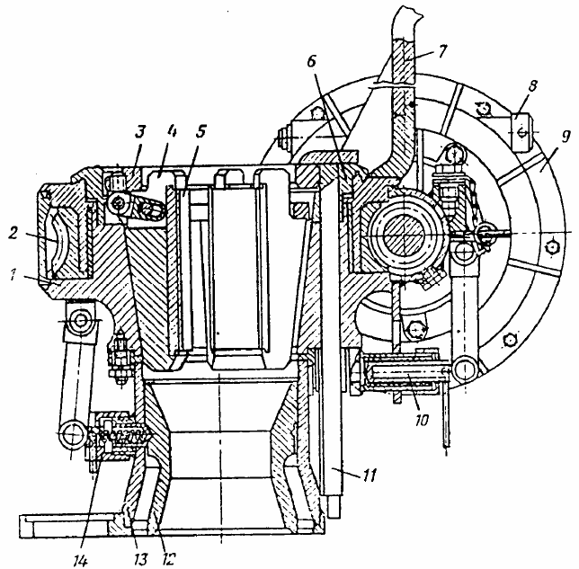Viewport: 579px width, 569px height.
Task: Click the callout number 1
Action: coord(13,275)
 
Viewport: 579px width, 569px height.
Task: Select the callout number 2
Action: coord(13,233)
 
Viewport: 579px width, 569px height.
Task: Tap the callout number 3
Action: coord(140,132)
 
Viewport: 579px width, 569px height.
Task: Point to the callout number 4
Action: coord(172,131)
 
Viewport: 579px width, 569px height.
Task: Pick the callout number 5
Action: coord(200,131)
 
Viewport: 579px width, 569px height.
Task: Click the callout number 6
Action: coord(312,62)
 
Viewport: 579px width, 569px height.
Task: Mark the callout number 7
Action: coord(442,51)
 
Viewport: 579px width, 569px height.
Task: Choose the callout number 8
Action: coord(531,86)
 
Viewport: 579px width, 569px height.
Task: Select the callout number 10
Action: coord(422,420)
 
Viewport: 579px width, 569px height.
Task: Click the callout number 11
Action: coord(370,475)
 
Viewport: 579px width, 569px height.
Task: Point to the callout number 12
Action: coord(167,558)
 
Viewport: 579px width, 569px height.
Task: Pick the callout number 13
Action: coord(140,558)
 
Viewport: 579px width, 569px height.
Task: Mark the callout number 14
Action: coord(81,561)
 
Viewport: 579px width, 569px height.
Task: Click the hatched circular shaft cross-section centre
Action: coord(405,234)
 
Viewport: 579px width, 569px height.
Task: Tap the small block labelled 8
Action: coord(521,132)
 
